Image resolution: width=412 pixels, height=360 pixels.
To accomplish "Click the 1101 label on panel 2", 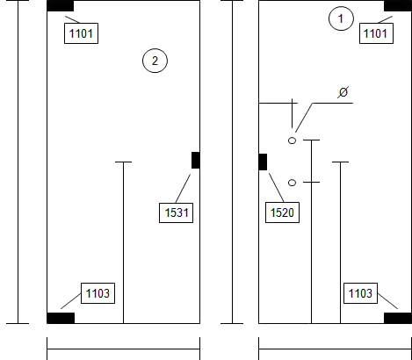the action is [81, 33].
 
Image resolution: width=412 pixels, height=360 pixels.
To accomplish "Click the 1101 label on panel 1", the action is [376, 33].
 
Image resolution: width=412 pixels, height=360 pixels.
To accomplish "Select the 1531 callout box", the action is [176, 212].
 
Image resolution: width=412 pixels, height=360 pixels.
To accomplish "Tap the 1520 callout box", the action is [282, 212].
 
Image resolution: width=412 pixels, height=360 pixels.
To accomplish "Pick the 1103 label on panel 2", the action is [98, 293].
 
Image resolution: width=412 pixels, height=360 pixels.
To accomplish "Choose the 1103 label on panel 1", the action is [360, 293].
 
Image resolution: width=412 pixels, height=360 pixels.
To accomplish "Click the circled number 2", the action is [155, 61].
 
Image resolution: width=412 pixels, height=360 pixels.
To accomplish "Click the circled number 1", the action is [341, 18].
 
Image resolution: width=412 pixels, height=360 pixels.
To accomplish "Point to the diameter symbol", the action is [343, 92].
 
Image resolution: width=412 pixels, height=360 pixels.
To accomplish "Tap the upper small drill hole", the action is [292, 140].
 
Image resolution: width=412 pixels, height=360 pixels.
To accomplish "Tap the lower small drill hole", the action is [292, 183].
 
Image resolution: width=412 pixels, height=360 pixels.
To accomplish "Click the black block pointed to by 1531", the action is [196, 160].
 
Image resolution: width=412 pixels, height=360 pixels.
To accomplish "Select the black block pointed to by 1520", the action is [263, 162].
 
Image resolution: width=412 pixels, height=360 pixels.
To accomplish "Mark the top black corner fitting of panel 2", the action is [61, 6].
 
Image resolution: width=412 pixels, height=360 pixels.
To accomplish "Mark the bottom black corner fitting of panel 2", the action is [61, 318].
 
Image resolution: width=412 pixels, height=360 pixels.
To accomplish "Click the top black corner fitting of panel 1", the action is [398, 6].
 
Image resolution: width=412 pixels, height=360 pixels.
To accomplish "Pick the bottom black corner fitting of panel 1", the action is [398, 318].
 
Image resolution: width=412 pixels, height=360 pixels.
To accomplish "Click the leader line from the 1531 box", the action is [183, 188].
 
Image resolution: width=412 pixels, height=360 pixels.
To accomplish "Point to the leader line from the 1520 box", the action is [277, 188].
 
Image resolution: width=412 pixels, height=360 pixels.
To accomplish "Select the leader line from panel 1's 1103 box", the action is [387, 301].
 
